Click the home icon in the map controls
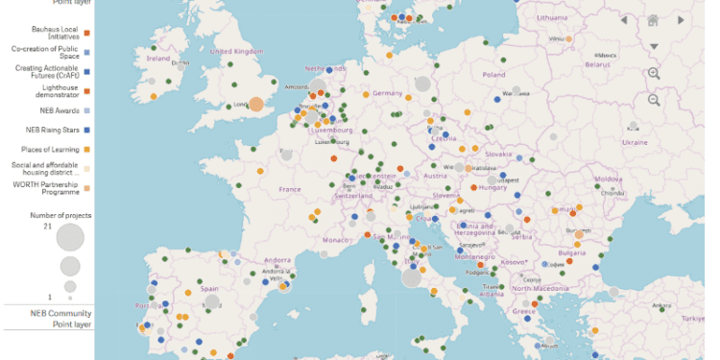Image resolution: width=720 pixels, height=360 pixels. click(653, 20)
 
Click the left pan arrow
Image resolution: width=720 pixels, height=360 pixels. click(624, 20)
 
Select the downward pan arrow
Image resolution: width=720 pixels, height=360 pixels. click(654, 46)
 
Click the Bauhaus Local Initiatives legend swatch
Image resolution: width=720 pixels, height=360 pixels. click(86, 33)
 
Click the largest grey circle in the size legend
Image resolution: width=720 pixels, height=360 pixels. click(70, 237)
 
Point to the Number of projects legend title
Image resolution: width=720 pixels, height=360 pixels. click(59, 216)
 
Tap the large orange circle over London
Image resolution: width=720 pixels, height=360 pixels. click(257, 104)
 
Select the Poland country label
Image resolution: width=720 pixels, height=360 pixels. click(493, 74)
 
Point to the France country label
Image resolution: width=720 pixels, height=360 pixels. click(290, 189)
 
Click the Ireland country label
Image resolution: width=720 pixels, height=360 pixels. click(156, 58)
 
